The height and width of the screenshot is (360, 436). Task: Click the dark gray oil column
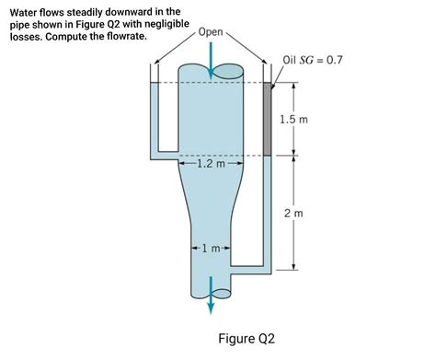[268, 119]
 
